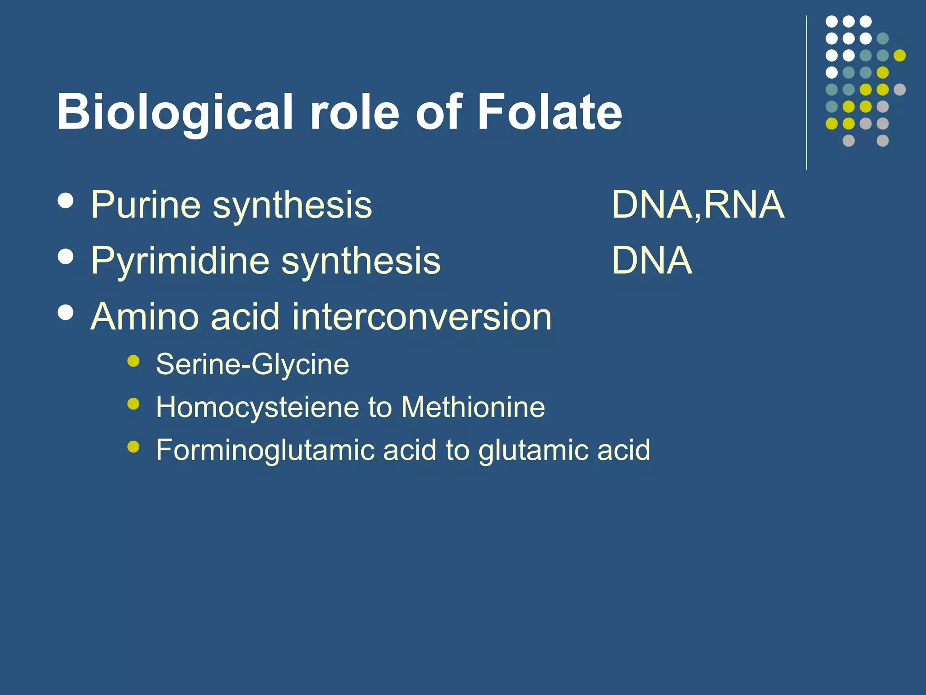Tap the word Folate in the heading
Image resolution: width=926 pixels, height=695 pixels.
point(549,112)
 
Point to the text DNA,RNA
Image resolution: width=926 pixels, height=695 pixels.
point(698,205)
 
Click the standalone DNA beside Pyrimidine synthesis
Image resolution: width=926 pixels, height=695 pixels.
point(652,261)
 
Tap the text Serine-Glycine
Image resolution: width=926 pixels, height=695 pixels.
point(252,365)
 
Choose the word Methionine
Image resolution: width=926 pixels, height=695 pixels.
point(473,407)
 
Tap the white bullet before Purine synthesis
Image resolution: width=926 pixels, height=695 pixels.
point(66,201)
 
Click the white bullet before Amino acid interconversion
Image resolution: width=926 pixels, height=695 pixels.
point(66,312)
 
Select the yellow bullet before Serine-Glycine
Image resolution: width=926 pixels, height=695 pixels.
point(133,361)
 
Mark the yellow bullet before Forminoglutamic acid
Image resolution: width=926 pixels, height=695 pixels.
point(133,447)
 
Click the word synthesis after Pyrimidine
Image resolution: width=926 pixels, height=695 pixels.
point(361,261)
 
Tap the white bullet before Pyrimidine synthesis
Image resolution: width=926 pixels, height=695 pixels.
point(66,257)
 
